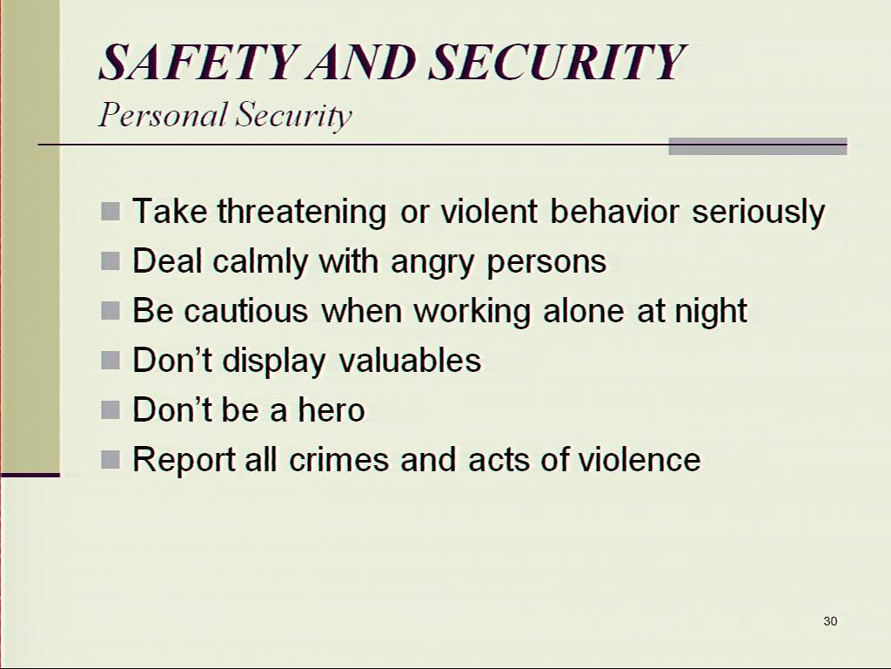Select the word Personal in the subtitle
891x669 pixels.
(163, 114)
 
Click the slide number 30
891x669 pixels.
(830, 621)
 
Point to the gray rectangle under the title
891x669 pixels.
(758, 146)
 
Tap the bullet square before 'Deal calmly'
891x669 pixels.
(111, 261)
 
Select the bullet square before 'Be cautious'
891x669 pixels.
(111, 311)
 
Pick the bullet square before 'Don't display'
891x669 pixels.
(111, 360)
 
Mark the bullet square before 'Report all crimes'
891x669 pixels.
(111, 459)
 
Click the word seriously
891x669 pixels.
(758, 213)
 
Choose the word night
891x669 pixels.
(710, 311)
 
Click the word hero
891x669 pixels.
(332, 409)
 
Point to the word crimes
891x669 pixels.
(339, 460)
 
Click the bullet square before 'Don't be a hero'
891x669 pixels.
(111, 409)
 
